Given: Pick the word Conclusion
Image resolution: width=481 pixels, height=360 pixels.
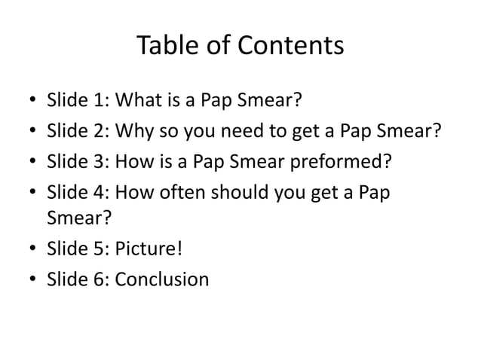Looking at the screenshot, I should pyautogui.click(x=163, y=279).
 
